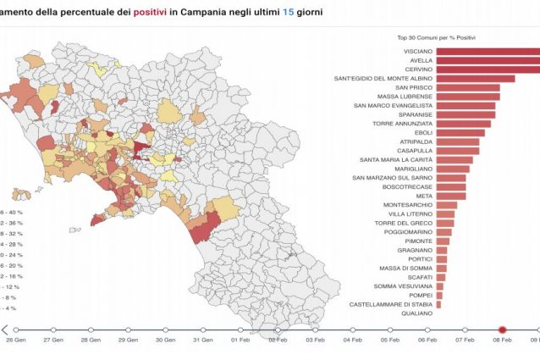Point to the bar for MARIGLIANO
(x=453, y=169)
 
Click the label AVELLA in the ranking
(x=421, y=60)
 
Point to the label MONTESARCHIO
(x=407, y=205)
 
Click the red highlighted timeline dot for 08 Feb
(x=501, y=330)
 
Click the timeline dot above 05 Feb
(x=389, y=330)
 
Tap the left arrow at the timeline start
(x=5, y=330)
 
